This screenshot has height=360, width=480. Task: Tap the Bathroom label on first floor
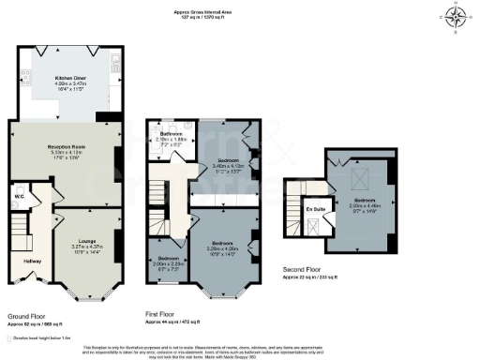[171, 136]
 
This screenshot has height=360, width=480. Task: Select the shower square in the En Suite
[314, 225]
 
